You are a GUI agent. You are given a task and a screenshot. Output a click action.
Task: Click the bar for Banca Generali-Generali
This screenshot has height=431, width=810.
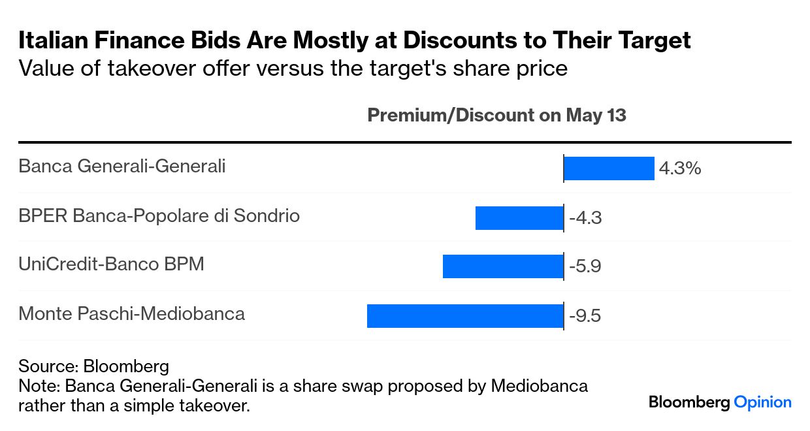[609, 168]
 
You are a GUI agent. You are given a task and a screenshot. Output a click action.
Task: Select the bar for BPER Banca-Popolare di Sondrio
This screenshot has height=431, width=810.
[519, 217]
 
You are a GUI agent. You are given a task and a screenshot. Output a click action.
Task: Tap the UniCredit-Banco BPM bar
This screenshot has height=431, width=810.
[503, 266]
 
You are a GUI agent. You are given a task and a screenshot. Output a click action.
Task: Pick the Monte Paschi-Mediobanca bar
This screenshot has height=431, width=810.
[465, 316]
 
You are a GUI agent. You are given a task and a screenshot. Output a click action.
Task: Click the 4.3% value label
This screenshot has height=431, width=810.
[680, 168]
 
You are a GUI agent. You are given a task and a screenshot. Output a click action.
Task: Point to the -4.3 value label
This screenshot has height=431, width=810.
[585, 218]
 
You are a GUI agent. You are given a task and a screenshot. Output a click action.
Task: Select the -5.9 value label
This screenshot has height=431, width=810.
[585, 267]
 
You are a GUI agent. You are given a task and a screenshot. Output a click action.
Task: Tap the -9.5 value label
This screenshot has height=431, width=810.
[585, 317]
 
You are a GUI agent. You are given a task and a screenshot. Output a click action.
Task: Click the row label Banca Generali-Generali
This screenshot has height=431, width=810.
[121, 167]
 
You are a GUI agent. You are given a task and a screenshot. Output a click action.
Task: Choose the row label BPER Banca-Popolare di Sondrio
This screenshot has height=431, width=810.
[159, 215]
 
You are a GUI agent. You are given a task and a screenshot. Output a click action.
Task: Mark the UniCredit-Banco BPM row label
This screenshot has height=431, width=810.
[111, 264]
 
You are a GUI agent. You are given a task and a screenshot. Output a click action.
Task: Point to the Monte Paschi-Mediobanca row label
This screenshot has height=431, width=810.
[131, 314]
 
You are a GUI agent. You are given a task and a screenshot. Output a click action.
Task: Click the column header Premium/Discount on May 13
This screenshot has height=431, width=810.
[496, 116]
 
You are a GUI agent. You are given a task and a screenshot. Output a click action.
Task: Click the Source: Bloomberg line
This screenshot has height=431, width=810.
[93, 366]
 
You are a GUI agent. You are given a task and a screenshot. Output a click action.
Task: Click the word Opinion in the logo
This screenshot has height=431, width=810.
[762, 402]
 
